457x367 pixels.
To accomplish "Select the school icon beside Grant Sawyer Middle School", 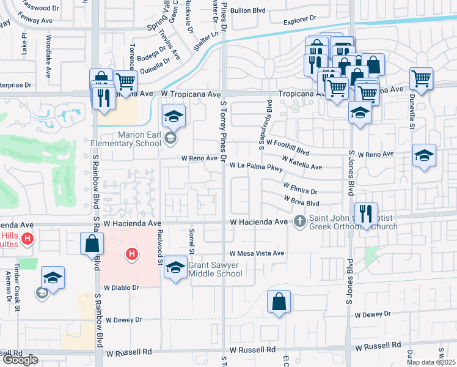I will coord(175,268).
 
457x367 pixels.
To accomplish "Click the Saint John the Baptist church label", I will coord(353,223).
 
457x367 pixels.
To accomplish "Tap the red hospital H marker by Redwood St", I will coord(131,253).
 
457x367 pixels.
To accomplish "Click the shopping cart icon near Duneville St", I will coord(421,78).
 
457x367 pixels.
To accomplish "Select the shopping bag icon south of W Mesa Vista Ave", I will coord(279,302).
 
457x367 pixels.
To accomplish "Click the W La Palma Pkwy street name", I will coord(256,166).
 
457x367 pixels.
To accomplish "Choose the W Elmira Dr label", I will coord(300,187).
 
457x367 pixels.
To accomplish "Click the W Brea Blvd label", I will coord(301,200).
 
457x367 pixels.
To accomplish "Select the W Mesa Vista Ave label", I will coord(257,253).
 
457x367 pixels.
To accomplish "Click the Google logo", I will coord(20,359).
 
